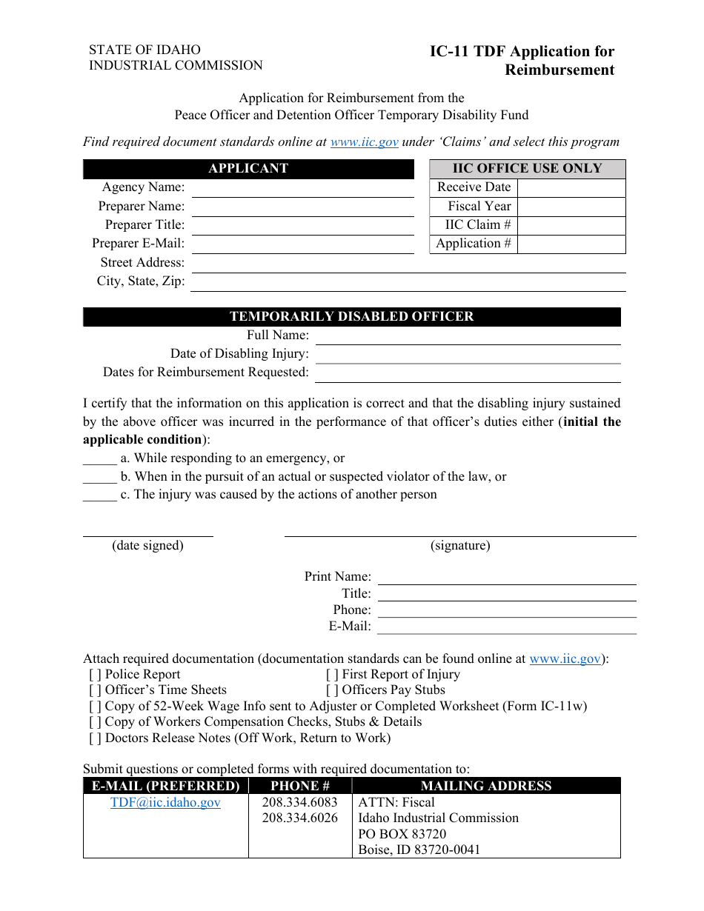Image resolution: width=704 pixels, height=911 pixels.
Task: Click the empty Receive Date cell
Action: pos(571,188)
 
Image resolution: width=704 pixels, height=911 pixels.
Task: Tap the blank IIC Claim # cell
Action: pos(571,225)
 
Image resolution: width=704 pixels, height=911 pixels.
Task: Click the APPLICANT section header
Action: pos(248,169)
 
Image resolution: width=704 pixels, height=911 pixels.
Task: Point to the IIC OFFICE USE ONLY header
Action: pos(528,169)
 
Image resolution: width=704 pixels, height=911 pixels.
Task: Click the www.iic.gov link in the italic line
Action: pos(364,142)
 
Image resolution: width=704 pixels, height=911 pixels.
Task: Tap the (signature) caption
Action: pos(460,546)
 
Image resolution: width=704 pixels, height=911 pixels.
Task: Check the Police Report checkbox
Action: pos(96,675)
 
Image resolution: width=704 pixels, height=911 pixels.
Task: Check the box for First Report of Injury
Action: pos(333,675)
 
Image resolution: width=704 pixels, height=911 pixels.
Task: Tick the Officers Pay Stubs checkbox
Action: pos(333,690)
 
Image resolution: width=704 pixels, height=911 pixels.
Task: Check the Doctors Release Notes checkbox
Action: pos(96,738)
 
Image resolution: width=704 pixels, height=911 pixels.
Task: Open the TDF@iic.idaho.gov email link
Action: pos(165,803)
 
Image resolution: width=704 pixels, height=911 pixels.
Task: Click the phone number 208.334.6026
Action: pos(299,818)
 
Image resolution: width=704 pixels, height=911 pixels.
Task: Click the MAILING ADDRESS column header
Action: pos(486,787)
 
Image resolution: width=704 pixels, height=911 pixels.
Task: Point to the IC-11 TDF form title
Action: pos(522,61)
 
